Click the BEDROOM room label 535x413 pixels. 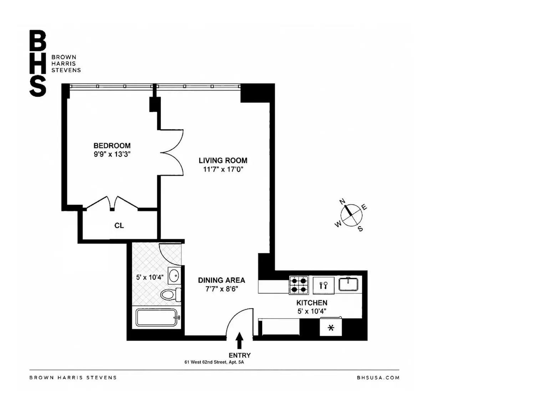pyautogui.click(x=112, y=145)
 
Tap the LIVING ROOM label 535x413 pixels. pyautogui.click(x=223, y=160)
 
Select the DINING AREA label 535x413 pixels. pyautogui.click(x=221, y=280)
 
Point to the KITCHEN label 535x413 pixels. pyautogui.click(x=312, y=303)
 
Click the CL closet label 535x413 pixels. pyautogui.click(x=119, y=225)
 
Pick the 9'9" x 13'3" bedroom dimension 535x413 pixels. pyautogui.click(x=112, y=154)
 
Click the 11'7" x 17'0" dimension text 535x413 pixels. pyautogui.click(x=223, y=169)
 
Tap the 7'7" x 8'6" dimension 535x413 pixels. pyautogui.click(x=221, y=289)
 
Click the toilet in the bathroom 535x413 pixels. pyautogui.click(x=170, y=294)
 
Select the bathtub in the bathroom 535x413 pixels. pyautogui.click(x=157, y=317)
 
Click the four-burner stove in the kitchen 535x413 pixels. pyautogui.click(x=299, y=285)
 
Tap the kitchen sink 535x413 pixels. pyautogui.click(x=348, y=284)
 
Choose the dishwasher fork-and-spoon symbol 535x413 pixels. pyautogui.click(x=323, y=285)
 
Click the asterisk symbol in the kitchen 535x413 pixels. pyautogui.click(x=331, y=327)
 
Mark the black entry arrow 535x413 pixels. pyautogui.click(x=239, y=340)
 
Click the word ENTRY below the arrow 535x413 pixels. pyautogui.click(x=240, y=355)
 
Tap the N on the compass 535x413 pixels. pyautogui.click(x=342, y=202)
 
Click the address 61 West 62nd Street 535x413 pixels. pyautogui.click(x=205, y=362)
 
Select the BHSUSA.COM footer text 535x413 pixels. pyautogui.click(x=378, y=378)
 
